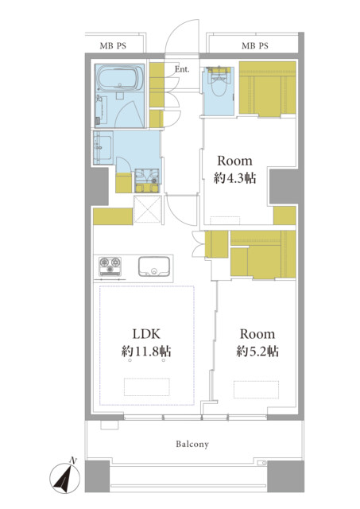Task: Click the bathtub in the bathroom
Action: coord(120,79)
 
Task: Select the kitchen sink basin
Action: coord(154,266)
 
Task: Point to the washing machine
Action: coord(147,181)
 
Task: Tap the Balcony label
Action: coord(192,444)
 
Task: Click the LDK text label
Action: coord(146,334)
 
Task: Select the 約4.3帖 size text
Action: coord(234,178)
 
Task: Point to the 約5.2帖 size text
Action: coord(257,352)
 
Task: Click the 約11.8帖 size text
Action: coord(146,352)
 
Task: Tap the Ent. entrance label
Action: coord(182,69)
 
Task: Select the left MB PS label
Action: coord(113,46)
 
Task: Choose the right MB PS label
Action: coord(255,46)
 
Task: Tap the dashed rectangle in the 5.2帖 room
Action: coord(256,390)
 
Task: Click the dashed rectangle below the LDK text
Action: coord(147,387)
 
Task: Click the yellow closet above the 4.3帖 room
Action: coord(268,88)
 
